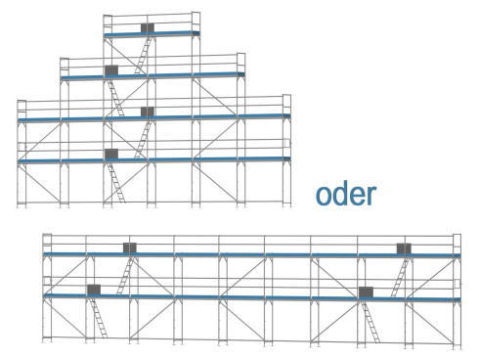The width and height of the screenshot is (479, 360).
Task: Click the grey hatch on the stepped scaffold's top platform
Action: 148,28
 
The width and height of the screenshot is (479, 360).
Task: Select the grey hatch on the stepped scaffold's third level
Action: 111,69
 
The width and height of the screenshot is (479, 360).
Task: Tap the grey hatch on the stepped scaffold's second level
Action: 148,112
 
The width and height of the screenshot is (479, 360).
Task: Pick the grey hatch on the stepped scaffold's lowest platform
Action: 111,154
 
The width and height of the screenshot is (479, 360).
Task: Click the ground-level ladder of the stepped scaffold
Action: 117,182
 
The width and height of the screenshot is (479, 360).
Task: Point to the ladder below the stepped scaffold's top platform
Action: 143,54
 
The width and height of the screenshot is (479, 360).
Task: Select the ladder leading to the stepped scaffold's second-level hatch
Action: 142,138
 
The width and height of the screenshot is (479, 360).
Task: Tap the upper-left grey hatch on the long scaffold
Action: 129,248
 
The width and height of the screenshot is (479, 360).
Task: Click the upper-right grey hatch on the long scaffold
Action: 403,248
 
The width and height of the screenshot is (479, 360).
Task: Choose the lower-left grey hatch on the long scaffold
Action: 93,290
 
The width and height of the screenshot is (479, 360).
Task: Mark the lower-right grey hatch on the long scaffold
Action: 366,291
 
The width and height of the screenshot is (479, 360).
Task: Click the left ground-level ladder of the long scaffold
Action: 99,320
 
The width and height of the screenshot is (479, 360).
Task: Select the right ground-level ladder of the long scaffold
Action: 372,320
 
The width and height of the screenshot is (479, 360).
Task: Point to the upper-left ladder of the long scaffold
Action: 124,275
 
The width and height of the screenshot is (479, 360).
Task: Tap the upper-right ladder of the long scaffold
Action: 398,275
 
